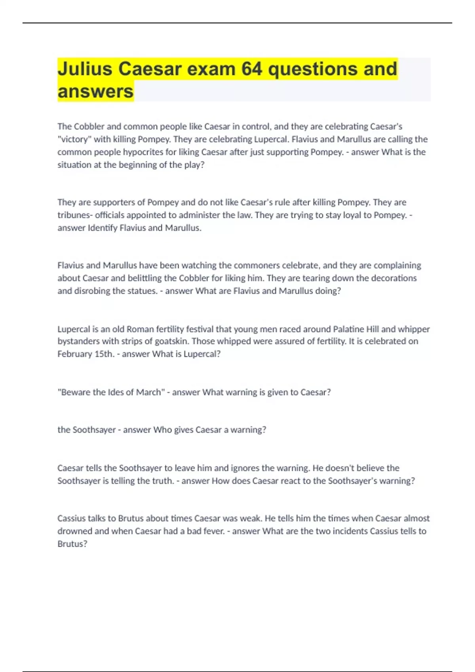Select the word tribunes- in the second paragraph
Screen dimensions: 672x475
point(75,215)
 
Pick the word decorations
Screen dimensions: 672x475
point(394,278)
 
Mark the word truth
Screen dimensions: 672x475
point(163,481)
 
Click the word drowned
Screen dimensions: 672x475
point(75,531)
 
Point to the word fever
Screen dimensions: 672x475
point(214,531)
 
